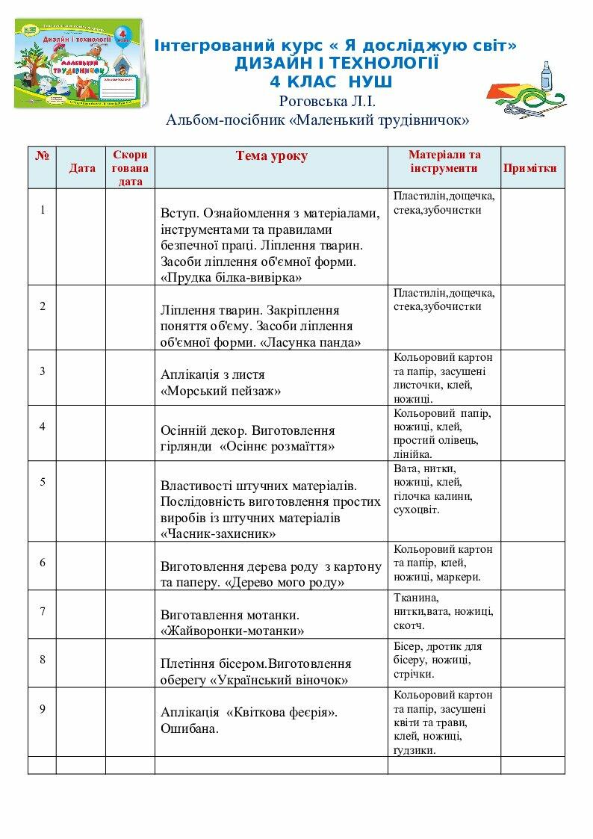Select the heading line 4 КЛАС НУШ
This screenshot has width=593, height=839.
pyautogui.click(x=332, y=81)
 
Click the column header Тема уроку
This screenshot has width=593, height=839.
pyautogui.click(x=271, y=156)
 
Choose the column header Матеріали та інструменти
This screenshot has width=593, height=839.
pyautogui.click(x=444, y=161)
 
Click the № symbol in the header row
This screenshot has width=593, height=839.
pyautogui.click(x=42, y=156)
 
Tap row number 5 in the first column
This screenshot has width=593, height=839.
pyautogui.click(x=43, y=482)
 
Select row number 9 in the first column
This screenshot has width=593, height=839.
pyautogui.click(x=43, y=709)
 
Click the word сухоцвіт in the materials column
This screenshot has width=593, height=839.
pyautogui.click(x=417, y=510)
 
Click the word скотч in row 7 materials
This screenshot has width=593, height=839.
pyautogui.click(x=409, y=625)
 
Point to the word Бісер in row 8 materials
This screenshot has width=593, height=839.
pyautogui.click(x=406, y=646)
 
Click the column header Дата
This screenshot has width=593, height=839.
pyautogui.click(x=82, y=168)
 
